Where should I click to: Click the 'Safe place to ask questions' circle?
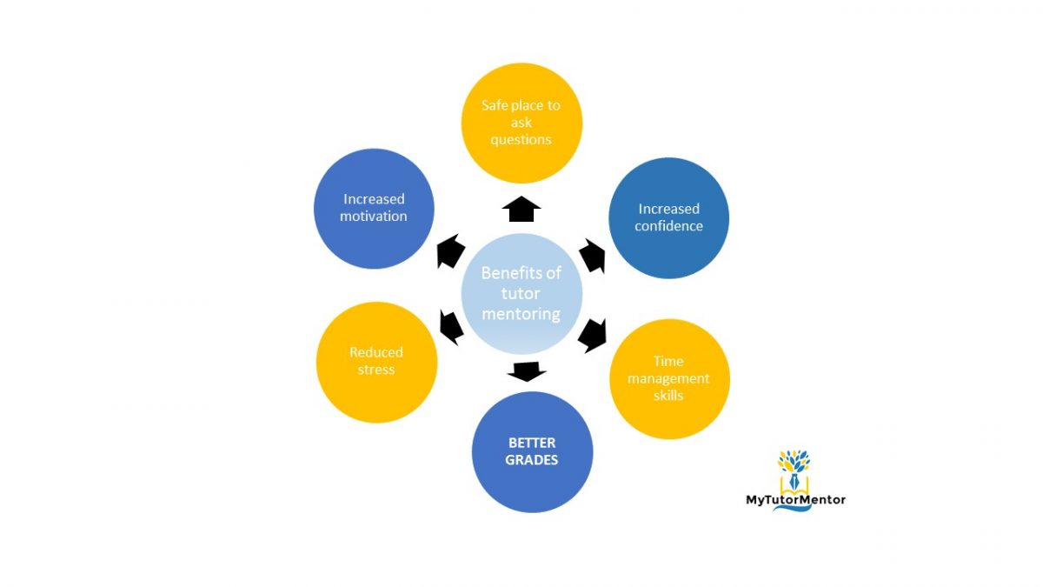coord(521,123)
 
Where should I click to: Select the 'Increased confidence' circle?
coord(668,217)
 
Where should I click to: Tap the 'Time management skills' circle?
coord(669,378)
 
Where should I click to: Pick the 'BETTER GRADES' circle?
coord(532,451)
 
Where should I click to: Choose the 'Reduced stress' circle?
coord(376,362)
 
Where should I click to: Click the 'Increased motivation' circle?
coord(374,208)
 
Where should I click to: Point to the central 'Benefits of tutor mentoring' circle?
coord(521,293)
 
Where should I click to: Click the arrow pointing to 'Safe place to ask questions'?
coord(521,210)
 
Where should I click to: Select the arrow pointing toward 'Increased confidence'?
coord(594,256)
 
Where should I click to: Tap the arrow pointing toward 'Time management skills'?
coord(592,335)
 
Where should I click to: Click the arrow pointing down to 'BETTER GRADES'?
coord(526,371)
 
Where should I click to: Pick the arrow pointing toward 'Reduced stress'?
coord(450,326)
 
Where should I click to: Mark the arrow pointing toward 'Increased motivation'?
coord(450,252)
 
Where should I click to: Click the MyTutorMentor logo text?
coord(795,499)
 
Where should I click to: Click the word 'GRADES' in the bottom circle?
coord(532,460)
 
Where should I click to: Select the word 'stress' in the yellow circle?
coord(376,370)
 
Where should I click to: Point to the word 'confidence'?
coord(668,226)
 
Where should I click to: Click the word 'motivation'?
coord(374,217)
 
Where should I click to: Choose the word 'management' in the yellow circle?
coord(669,378)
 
